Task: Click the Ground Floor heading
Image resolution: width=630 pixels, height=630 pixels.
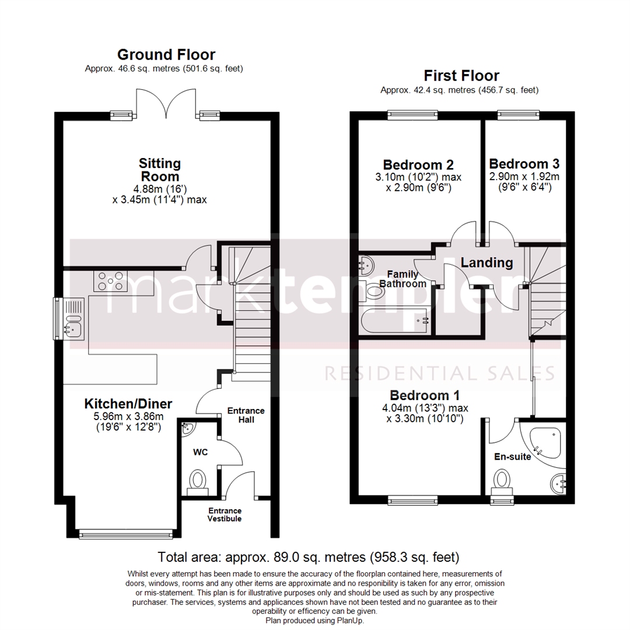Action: (x=166, y=55)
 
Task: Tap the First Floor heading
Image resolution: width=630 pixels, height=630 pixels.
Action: (x=461, y=75)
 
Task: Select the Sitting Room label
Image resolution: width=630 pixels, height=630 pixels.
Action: (x=159, y=169)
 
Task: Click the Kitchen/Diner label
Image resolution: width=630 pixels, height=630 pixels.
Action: (x=128, y=403)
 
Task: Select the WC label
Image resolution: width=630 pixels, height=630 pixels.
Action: (x=201, y=452)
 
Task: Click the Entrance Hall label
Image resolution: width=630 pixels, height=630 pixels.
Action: (x=246, y=415)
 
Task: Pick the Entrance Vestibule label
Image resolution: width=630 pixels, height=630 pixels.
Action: (x=225, y=514)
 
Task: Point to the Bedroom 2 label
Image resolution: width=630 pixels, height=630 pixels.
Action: (x=418, y=164)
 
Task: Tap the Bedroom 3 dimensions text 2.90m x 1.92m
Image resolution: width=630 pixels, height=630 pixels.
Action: (x=524, y=177)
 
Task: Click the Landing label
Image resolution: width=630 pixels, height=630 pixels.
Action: (x=487, y=262)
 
